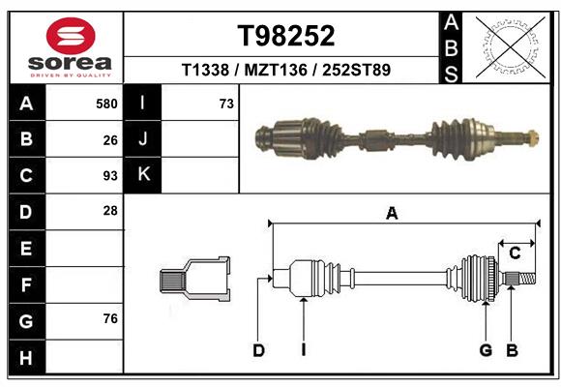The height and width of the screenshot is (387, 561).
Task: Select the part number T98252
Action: pyautogui.click(x=286, y=36)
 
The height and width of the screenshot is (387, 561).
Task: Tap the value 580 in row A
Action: pyautogui.click(x=106, y=104)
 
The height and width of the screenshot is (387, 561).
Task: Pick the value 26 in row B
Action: pyautogui.click(x=110, y=139)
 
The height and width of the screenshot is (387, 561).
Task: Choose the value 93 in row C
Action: pyautogui.click(x=110, y=176)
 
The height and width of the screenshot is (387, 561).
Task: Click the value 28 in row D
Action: pyautogui.click(x=110, y=211)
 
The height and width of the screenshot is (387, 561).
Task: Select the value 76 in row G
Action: pyautogui.click(x=110, y=319)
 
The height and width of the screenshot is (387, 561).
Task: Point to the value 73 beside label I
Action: pyautogui.click(x=226, y=104)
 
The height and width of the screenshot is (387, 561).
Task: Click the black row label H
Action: pyautogui.click(x=25, y=357)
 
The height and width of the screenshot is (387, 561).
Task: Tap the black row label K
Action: pyautogui.click(x=143, y=175)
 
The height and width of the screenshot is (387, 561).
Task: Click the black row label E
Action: pyautogui.click(x=25, y=249)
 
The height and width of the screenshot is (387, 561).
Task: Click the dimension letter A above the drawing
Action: pyautogui.click(x=392, y=214)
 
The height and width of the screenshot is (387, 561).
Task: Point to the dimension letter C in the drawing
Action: pyautogui.click(x=515, y=253)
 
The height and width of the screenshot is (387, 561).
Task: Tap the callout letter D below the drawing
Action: pyautogui.click(x=258, y=350)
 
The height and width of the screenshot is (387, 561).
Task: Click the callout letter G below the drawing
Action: pyautogui.click(x=486, y=350)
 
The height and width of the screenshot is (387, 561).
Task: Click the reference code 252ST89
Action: pyautogui.click(x=358, y=71)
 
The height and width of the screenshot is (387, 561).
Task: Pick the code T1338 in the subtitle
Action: pyautogui.click(x=205, y=71)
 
